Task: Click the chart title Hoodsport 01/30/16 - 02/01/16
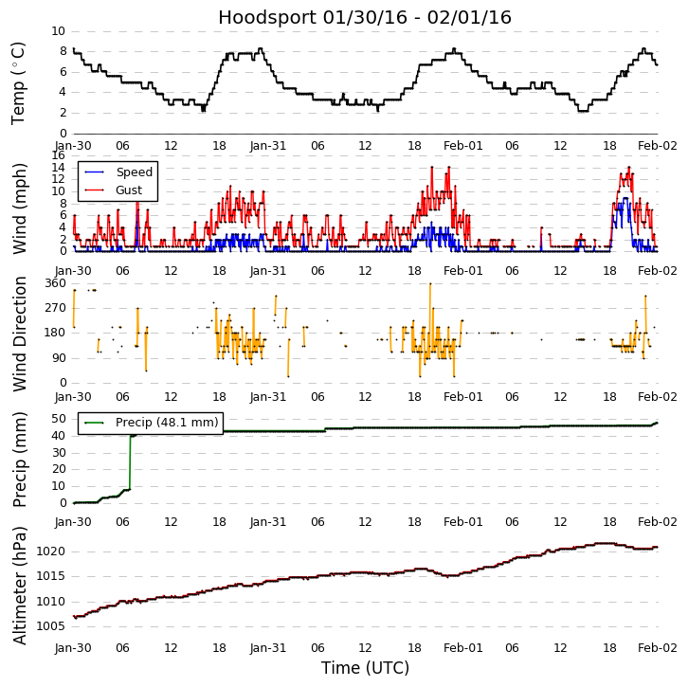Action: click(x=365, y=17)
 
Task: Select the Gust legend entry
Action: click(x=129, y=190)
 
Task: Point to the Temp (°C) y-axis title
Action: click(x=19, y=82)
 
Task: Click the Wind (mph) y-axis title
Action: click(x=19, y=208)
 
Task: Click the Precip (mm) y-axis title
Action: click(x=19, y=459)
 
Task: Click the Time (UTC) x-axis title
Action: click(x=365, y=668)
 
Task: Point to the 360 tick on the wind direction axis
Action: click(x=55, y=283)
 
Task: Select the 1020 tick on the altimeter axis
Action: click(x=51, y=551)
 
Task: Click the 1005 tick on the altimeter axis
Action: click(x=51, y=626)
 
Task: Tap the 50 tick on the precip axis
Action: click(x=59, y=419)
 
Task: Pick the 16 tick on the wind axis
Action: click(x=59, y=156)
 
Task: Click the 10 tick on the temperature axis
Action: click(x=59, y=31)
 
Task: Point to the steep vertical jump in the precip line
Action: click(x=130, y=462)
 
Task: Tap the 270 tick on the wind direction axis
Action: click(x=55, y=308)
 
